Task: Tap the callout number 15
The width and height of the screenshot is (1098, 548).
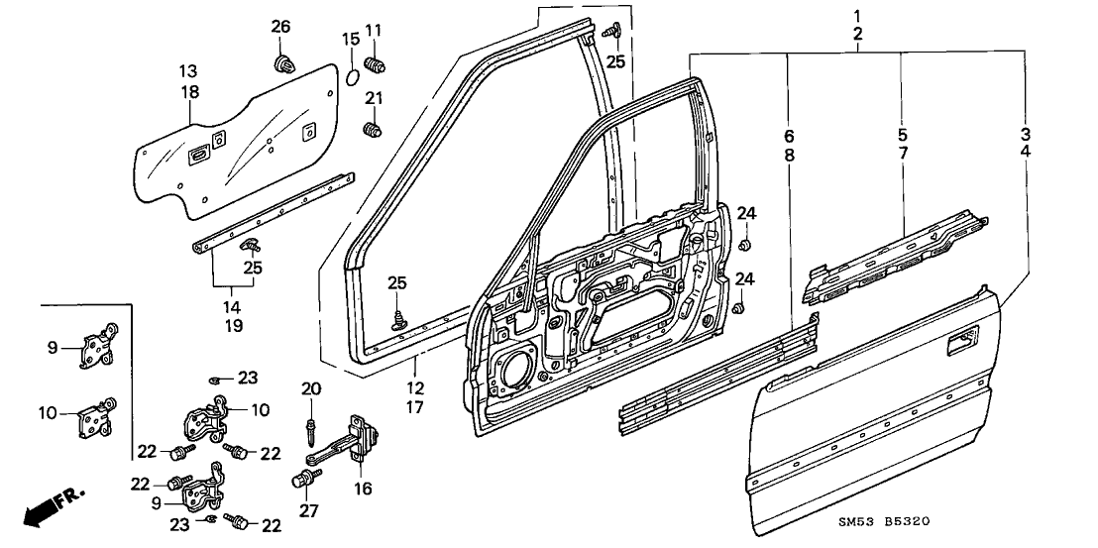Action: click(x=350, y=39)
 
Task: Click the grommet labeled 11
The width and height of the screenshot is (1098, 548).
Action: click(x=376, y=66)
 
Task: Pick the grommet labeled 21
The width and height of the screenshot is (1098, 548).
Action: click(x=374, y=130)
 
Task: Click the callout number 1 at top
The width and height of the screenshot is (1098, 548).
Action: click(x=857, y=16)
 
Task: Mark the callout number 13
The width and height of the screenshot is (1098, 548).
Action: click(x=188, y=71)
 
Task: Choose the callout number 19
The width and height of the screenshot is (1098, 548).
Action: click(x=233, y=325)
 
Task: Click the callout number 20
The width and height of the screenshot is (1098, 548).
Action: click(x=310, y=386)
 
